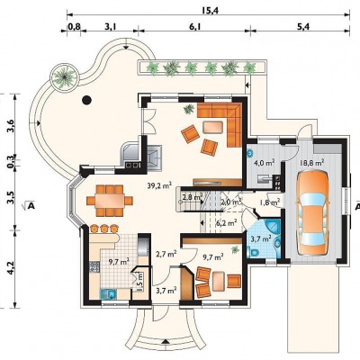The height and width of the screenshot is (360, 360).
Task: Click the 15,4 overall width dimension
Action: click(210, 11)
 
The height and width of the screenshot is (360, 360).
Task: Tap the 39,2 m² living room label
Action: click(159, 185)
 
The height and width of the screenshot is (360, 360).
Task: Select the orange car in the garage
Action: click(312, 213)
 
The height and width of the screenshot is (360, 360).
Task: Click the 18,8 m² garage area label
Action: click(312, 163)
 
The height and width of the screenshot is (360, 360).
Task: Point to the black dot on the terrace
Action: click(86, 100)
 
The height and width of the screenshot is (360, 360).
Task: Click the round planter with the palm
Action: click(64, 77)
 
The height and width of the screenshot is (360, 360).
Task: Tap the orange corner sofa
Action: click(225, 120)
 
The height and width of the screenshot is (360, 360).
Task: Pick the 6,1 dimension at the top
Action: click(195, 27)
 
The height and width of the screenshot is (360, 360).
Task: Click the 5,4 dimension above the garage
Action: click(303, 27)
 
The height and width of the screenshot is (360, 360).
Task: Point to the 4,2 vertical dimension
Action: click(10, 267)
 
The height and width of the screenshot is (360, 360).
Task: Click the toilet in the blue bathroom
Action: click(253, 252)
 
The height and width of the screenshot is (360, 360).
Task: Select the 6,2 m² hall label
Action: click(227, 222)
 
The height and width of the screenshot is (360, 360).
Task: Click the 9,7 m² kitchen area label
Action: click(119, 261)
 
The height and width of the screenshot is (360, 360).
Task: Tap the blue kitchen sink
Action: click(108, 294)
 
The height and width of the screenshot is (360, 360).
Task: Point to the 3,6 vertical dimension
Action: click(10, 126)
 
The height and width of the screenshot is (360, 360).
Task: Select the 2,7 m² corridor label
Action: click(166, 254)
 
